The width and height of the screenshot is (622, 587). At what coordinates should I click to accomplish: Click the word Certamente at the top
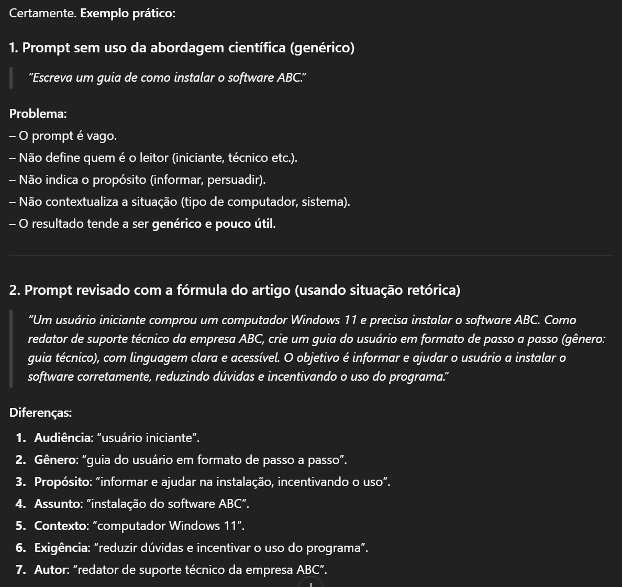click(x=42, y=14)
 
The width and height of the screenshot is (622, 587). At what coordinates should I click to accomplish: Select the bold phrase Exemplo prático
click(x=127, y=14)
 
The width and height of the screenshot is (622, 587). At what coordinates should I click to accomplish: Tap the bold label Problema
click(x=37, y=114)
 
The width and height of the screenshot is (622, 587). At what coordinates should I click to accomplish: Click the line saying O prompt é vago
click(x=63, y=136)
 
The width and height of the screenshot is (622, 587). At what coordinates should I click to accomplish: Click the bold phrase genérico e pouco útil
click(x=213, y=224)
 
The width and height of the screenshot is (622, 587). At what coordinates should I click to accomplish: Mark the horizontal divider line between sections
click(x=310, y=256)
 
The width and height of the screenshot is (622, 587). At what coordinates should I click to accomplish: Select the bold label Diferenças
click(x=40, y=413)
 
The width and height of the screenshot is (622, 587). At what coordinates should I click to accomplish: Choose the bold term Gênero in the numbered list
click(x=55, y=460)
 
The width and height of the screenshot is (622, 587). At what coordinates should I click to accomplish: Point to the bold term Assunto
click(x=58, y=504)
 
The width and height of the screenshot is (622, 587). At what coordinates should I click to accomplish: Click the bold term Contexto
click(x=60, y=526)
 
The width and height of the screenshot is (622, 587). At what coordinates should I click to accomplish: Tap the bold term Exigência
click(x=62, y=548)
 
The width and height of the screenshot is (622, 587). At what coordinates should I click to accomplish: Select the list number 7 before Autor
click(x=20, y=570)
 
